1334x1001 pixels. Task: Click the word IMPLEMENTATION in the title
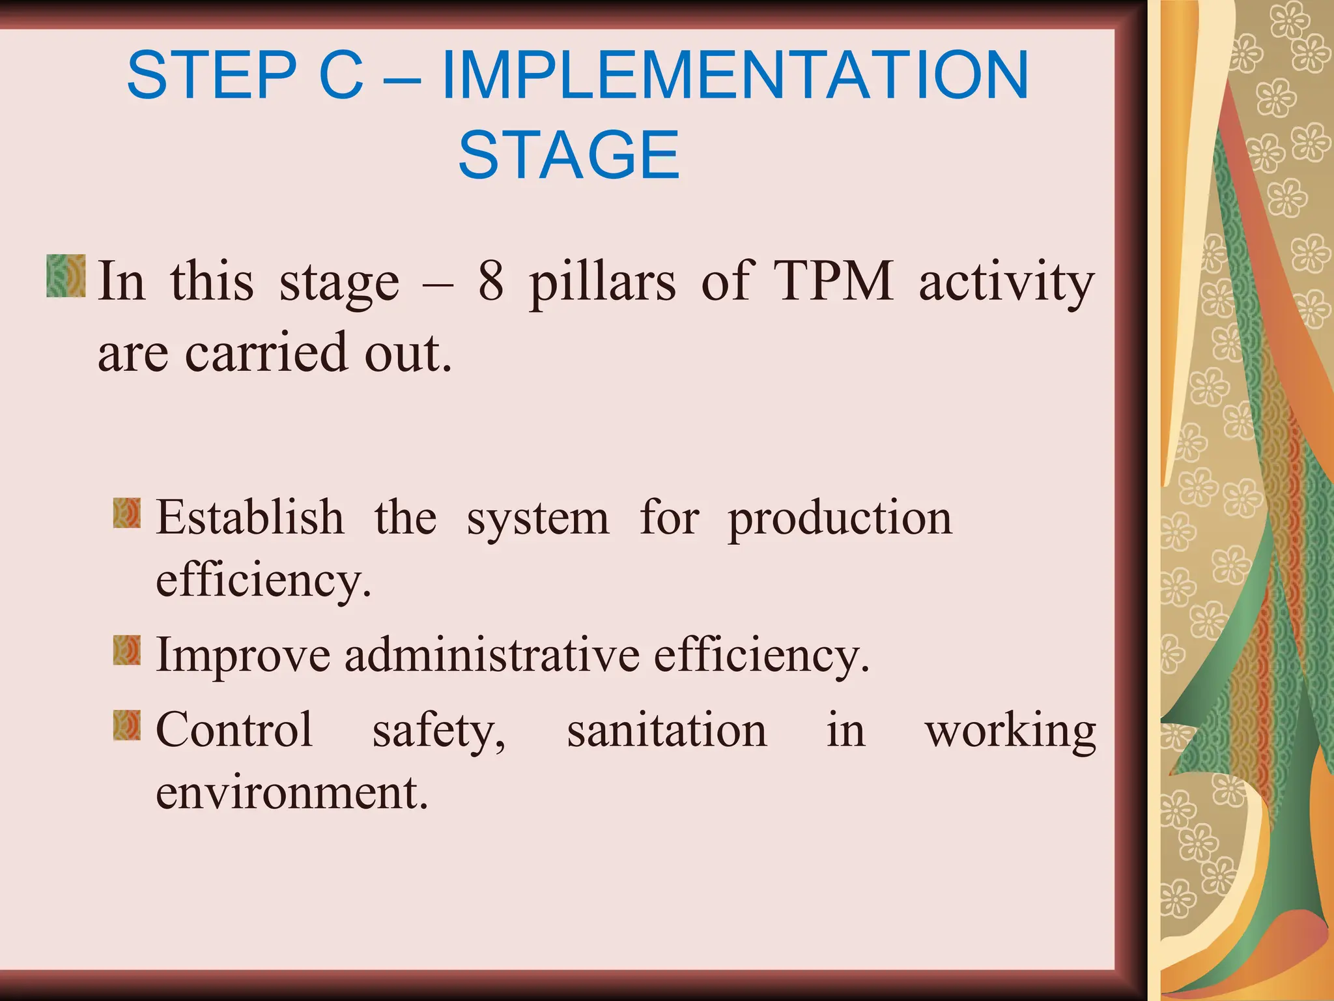[735, 76]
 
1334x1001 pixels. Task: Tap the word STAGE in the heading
[569, 155]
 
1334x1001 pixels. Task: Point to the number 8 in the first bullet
[490, 282]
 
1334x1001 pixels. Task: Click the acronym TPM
[834, 282]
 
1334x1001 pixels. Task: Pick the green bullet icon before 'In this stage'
[66, 276]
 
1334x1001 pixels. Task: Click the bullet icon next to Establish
[126, 513]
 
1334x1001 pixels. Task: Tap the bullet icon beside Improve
[126, 650]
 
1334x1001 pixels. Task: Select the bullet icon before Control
[126, 725]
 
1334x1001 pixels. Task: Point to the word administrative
[492, 655]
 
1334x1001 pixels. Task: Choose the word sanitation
[667, 730]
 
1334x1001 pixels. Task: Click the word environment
[291, 792]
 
